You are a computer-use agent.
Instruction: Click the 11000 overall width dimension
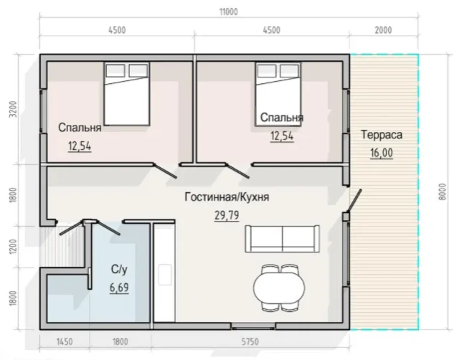click(x=229, y=12)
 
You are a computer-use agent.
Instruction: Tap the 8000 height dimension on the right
click(x=442, y=192)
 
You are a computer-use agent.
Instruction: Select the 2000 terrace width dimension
click(x=383, y=30)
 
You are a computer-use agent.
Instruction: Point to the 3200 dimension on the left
click(x=13, y=110)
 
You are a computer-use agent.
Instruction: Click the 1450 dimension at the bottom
click(x=65, y=342)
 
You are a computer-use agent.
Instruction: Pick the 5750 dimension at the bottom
click(x=250, y=342)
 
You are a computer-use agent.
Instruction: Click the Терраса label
click(x=382, y=135)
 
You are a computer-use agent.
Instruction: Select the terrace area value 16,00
click(x=382, y=153)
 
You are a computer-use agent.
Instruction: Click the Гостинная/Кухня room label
click(x=227, y=196)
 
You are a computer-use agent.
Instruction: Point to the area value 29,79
click(x=227, y=216)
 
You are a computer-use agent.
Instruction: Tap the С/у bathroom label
click(x=119, y=269)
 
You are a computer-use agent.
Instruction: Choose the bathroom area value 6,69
click(x=119, y=288)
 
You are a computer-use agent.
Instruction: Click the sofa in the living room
click(x=282, y=239)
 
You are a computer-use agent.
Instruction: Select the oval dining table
click(x=279, y=288)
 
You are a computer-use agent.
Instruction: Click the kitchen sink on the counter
click(x=164, y=275)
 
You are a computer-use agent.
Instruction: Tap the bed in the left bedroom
click(x=126, y=93)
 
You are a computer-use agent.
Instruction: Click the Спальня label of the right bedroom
click(x=281, y=118)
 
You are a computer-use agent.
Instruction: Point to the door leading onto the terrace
click(x=354, y=201)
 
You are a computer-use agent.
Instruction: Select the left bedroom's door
click(x=165, y=171)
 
